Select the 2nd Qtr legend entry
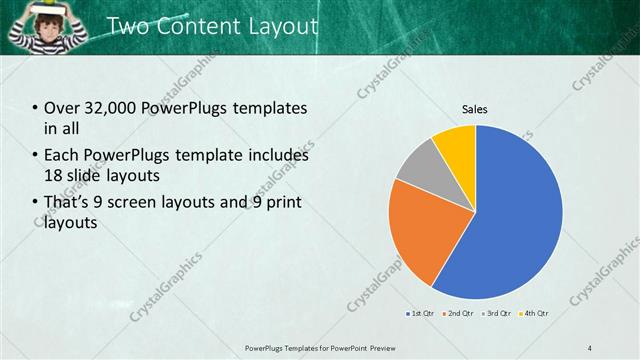pos(459,313)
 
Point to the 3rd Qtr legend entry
pos(499,313)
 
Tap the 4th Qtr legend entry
pos(537,313)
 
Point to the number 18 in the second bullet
pos(54,177)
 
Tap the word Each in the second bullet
pos(61,155)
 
